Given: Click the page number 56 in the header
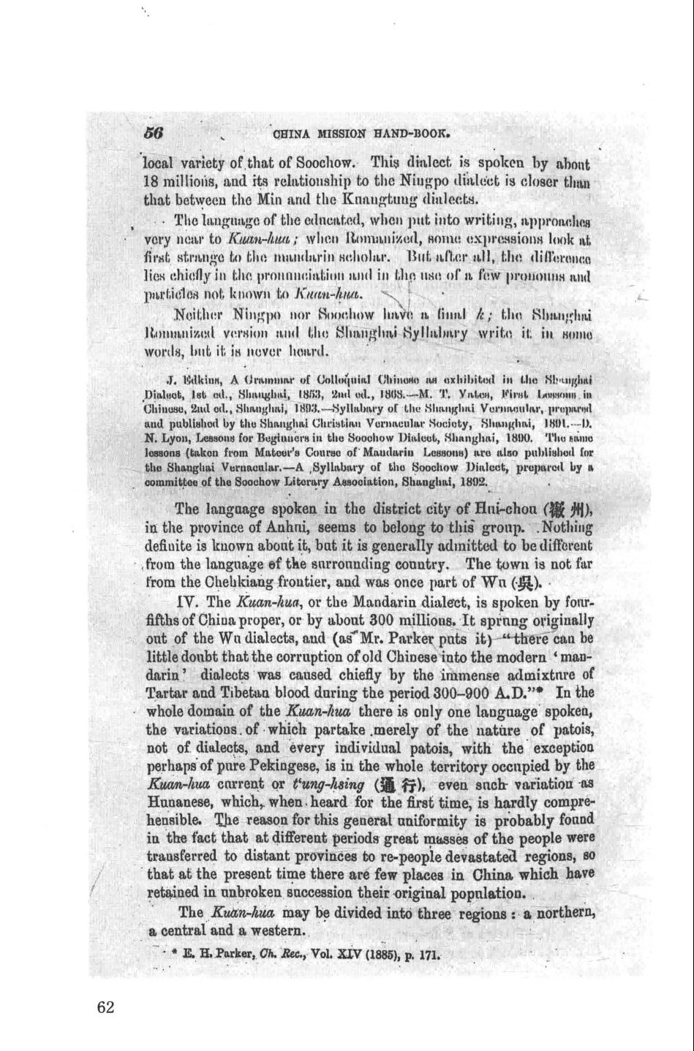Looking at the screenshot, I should pyautogui.click(x=153, y=133).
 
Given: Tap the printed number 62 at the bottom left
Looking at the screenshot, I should pyautogui.click(x=105, y=1007).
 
